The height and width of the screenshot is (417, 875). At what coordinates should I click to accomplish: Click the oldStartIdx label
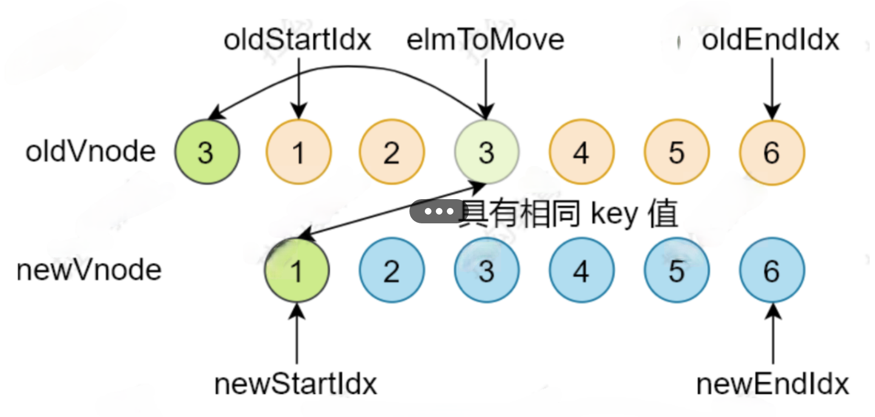(297, 40)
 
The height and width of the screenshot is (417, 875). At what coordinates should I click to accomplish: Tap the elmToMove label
(485, 40)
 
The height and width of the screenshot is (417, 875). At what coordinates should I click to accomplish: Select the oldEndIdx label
(770, 40)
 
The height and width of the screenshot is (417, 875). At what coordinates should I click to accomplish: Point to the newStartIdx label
(296, 384)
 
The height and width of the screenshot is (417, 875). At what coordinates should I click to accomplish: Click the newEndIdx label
(772, 384)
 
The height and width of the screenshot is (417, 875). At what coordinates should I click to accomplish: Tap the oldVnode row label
(91, 151)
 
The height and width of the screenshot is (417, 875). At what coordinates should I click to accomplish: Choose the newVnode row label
(89, 270)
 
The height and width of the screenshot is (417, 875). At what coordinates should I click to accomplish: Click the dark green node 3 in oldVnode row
(207, 152)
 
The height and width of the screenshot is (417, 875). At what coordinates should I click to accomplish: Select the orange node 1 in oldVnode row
(298, 152)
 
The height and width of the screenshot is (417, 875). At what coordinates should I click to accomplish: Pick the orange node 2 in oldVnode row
(391, 152)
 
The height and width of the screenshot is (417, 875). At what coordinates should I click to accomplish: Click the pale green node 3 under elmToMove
(486, 152)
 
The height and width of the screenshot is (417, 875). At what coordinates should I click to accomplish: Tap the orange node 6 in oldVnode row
(772, 152)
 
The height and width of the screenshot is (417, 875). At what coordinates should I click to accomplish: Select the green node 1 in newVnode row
(297, 271)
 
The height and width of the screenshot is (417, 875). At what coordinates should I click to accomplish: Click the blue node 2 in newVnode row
(391, 271)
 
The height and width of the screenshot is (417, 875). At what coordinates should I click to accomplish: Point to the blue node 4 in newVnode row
(581, 271)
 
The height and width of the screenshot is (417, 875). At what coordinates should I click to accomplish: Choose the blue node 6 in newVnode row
(772, 271)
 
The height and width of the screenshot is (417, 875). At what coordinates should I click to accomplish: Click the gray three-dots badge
(437, 211)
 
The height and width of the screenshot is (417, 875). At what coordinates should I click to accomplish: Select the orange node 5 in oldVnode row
(676, 152)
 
